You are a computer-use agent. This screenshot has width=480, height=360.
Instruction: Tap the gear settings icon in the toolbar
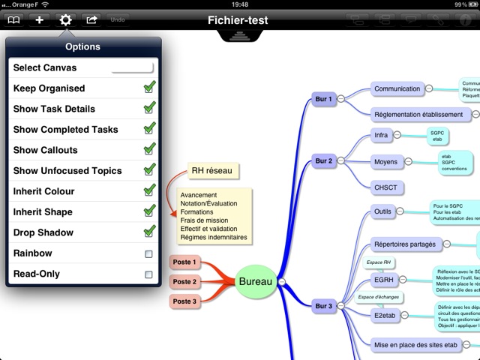pos(65,19)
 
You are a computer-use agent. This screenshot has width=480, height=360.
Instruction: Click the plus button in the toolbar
pos(40,19)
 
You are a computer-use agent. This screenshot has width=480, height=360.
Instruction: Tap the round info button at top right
pos(465,20)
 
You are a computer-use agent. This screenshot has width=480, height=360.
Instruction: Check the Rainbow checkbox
pos(148,253)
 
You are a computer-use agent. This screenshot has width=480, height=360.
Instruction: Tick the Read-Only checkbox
pos(148,274)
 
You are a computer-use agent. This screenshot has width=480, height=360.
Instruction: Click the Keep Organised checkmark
pos(149,88)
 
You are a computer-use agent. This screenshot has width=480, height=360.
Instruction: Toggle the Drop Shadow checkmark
pos(149,232)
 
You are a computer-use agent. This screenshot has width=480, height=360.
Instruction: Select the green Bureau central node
pos(256,281)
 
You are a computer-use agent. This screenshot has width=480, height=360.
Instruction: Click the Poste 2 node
pos(184,282)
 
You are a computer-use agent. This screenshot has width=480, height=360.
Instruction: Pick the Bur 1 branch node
pos(323,99)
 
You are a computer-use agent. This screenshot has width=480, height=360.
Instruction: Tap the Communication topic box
pos(397,88)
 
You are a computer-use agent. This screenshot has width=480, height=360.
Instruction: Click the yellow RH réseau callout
pos(211,171)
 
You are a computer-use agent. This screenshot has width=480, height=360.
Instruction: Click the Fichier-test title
pos(238,20)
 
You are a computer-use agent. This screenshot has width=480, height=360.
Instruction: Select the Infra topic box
pos(381,136)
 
